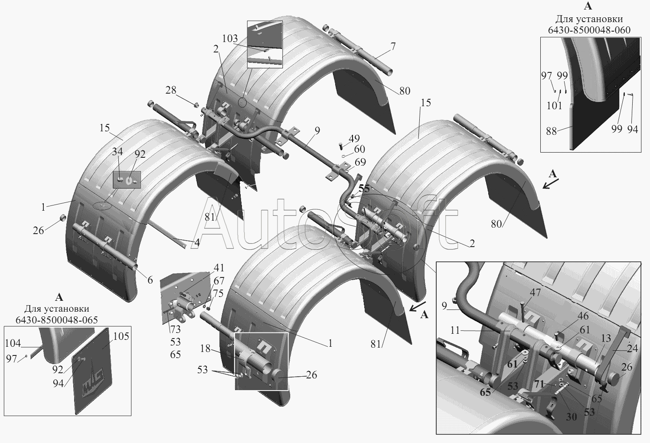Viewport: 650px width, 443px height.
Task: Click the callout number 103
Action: coord(230,38)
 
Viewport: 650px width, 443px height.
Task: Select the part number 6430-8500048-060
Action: coord(589,30)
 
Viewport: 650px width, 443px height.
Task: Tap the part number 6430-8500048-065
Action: coord(57,320)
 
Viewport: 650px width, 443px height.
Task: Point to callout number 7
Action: coord(393,46)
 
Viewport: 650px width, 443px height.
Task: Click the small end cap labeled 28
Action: coord(196,104)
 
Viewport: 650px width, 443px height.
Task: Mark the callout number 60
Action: coord(359,149)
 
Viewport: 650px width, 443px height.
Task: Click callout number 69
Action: coord(360,162)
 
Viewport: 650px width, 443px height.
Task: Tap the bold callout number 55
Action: coord(364,189)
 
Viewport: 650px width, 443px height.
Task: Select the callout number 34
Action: coord(117,151)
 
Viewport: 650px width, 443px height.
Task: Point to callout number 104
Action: coord(13,343)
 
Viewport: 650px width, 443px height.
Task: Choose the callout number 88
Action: coord(551,131)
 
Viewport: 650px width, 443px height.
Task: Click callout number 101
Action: coord(555,106)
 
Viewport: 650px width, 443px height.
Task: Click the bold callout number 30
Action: coord(572,417)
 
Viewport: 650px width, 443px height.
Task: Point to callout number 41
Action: coord(219,267)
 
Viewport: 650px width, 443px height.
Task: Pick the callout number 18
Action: coord(206,349)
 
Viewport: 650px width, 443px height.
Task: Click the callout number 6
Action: coord(150,280)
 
